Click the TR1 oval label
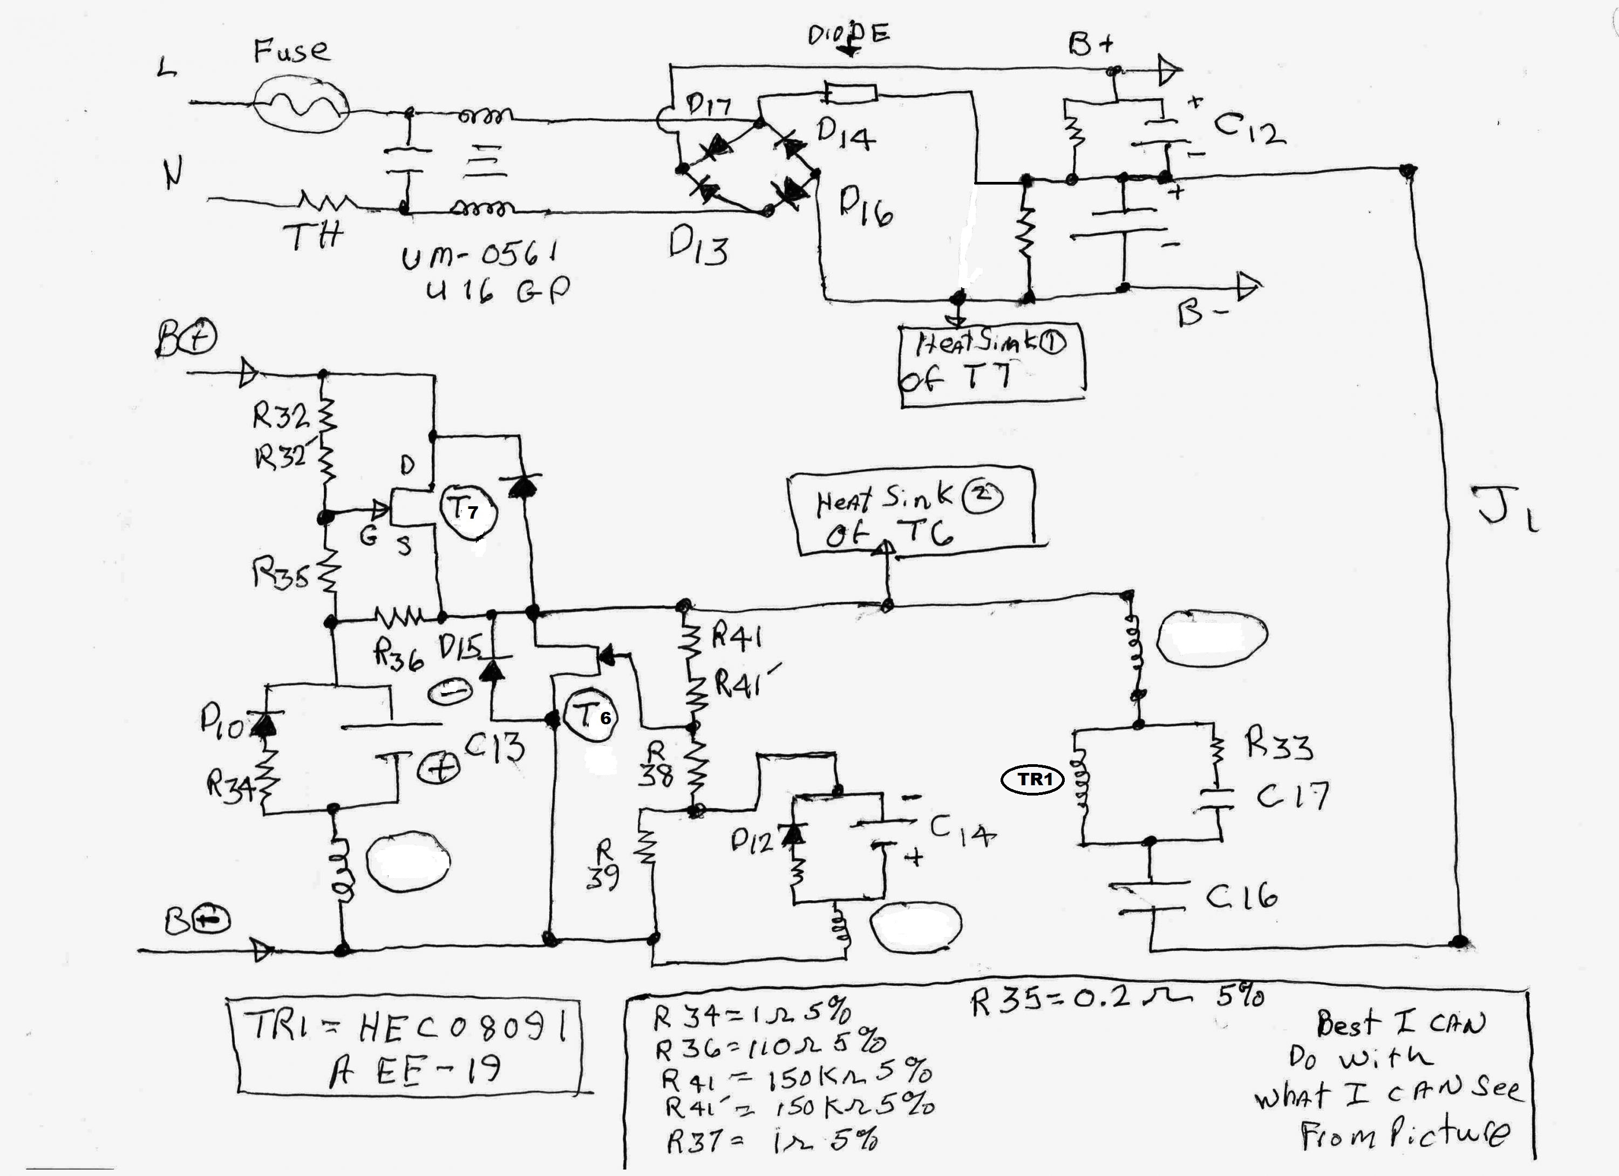[1033, 780]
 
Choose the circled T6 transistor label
[592, 716]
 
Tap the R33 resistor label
[1278, 744]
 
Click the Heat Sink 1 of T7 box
[992, 365]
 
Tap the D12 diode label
[752, 842]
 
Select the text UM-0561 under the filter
[479, 255]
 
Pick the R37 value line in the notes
[771, 1141]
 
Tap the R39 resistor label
[603, 865]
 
